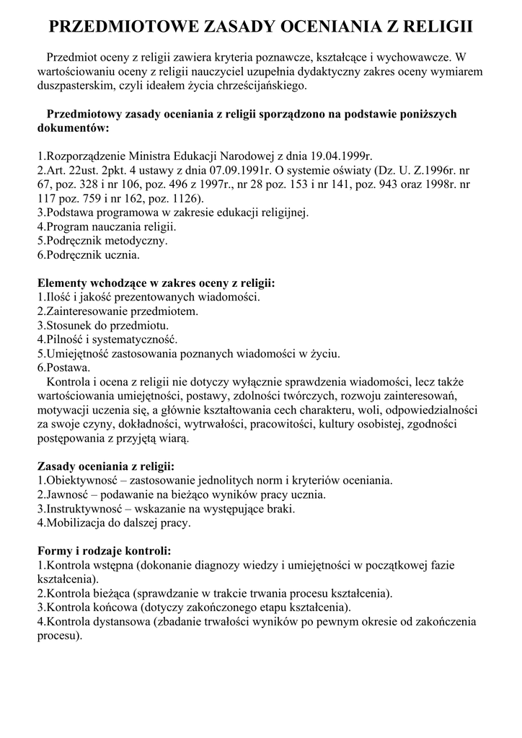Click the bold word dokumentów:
[x=73, y=128]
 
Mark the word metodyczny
[x=136, y=240]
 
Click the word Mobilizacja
[x=80, y=523]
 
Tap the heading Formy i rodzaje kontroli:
[x=104, y=551]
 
